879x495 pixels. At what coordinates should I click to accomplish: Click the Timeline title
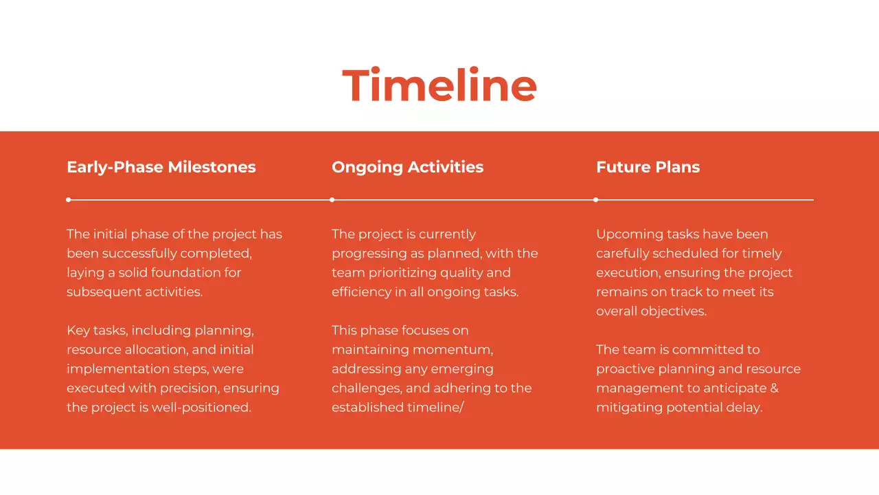tap(439, 86)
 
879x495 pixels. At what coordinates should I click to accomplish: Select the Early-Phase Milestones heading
tap(161, 167)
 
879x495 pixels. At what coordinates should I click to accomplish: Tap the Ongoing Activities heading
tap(407, 167)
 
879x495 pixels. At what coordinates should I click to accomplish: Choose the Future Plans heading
tap(648, 167)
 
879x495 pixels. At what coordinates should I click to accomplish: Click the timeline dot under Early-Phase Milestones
tap(68, 200)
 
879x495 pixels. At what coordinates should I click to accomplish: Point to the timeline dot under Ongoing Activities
tap(332, 200)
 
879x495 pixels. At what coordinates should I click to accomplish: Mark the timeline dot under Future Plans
tap(595, 200)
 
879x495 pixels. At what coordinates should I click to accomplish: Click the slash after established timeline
tap(461, 408)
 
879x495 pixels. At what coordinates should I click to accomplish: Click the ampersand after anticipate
tap(774, 388)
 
